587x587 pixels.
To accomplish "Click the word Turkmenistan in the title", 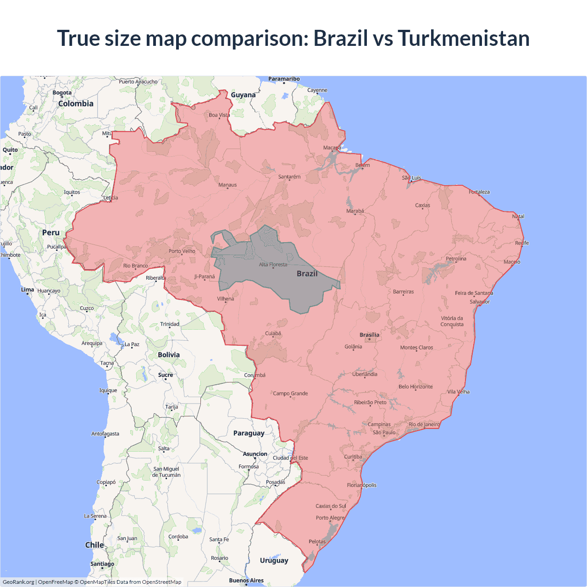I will [463, 38].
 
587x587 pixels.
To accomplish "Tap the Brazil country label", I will [307, 274].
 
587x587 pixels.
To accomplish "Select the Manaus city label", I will [227, 185].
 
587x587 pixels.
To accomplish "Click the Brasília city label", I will [369, 335].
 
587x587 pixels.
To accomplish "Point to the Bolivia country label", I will [169, 354].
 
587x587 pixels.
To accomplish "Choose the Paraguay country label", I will [249, 433].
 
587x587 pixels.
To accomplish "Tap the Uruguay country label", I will [274, 560].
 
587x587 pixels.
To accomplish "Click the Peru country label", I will [51, 233].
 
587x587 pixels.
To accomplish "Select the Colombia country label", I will [76, 104].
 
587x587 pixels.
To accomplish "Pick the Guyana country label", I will [243, 95].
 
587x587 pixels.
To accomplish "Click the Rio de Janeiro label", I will [424, 424].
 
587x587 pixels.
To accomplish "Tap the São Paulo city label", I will [384, 432].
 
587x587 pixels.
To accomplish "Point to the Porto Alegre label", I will [330, 518].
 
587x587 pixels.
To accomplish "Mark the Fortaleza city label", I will [479, 192].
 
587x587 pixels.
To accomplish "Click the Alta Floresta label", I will [273, 264].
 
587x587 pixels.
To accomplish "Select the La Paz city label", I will [132, 344].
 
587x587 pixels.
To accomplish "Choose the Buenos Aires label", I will [246, 580].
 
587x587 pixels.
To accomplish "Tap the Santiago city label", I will [102, 564].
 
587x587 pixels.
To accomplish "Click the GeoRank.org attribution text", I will [18, 582].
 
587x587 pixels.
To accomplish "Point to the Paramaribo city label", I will [284, 79].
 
